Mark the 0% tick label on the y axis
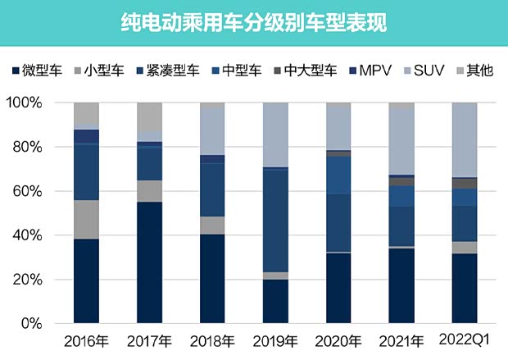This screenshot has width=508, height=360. [x=36, y=324]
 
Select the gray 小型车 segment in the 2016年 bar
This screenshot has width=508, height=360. [x=86, y=220]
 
